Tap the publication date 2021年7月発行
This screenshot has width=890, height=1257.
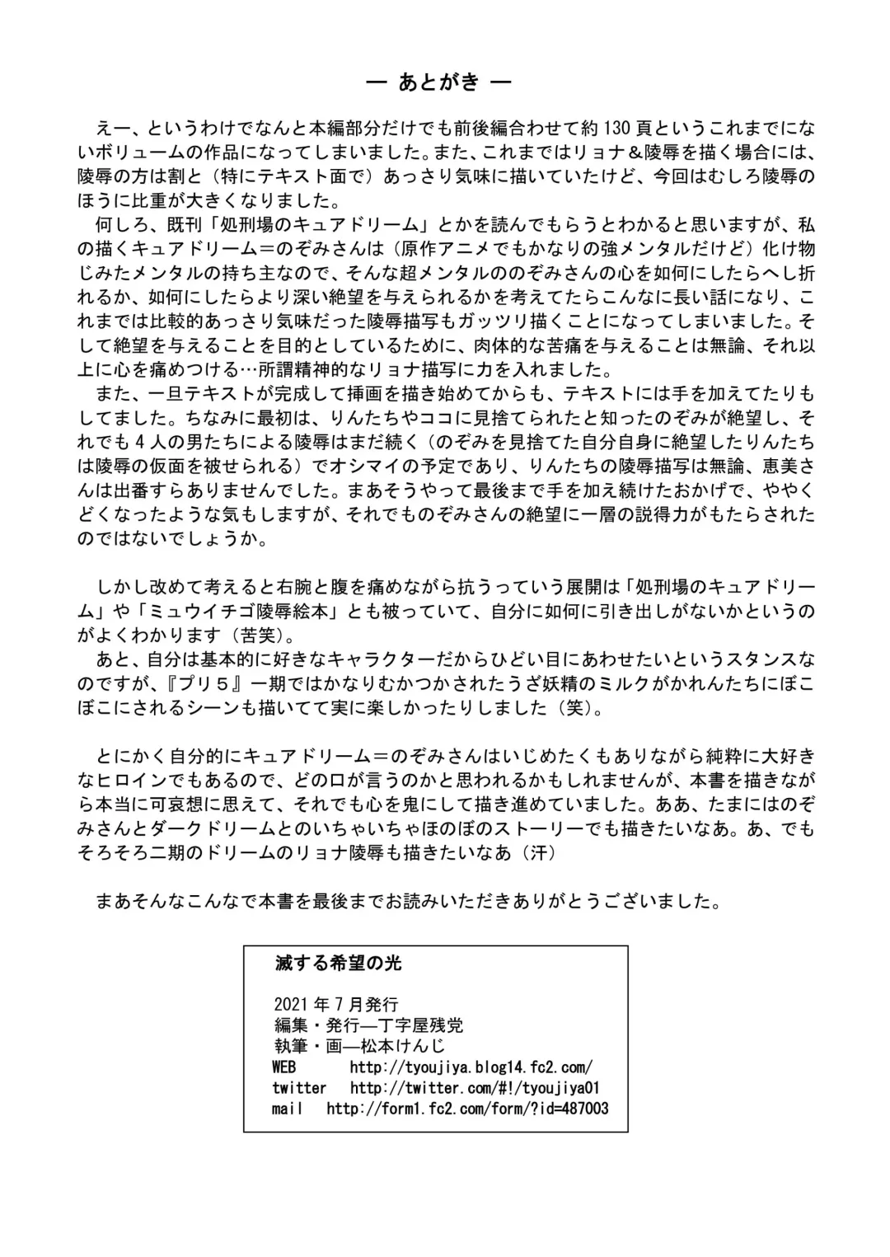[335, 1004]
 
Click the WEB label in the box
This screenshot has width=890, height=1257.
[284, 1067]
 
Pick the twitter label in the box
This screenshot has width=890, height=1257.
[299, 1088]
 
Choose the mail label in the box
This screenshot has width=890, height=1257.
[288, 1109]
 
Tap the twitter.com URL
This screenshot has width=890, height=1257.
[475, 1088]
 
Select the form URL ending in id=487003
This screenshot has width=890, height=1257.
[467, 1109]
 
